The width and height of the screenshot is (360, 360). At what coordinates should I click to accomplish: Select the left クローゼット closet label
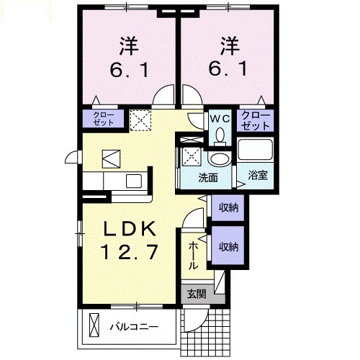(x=104, y=118)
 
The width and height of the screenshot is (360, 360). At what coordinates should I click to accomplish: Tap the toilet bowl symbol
(x=219, y=135)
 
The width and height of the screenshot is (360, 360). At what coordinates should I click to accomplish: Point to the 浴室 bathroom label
(x=258, y=174)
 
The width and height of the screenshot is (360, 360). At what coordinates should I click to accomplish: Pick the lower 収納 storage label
(x=229, y=246)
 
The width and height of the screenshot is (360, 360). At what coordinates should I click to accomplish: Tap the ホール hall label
(x=193, y=256)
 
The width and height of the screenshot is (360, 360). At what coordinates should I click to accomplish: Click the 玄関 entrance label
(x=195, y=294)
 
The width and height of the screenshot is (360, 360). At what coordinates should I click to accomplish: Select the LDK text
(x=130, y=229)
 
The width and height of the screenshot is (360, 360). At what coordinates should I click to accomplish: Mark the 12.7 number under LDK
(x=130, y=253)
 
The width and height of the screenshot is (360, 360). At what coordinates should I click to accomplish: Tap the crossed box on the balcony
(x=94, y=325)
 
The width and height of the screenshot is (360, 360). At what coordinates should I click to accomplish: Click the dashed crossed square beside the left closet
(x=140, y=118)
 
